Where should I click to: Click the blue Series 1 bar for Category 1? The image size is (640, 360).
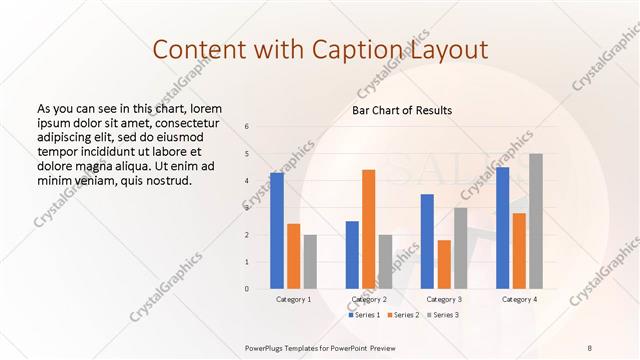pos(277,231)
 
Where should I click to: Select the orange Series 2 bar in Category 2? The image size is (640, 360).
pos(368,229)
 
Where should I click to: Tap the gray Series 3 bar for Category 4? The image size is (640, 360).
pos(536,221)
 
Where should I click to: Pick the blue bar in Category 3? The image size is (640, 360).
pos(427,241)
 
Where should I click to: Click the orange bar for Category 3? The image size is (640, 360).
pos(444,264)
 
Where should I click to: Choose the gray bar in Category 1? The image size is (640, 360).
pos(310,262)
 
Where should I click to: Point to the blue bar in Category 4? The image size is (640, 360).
pos(502,228)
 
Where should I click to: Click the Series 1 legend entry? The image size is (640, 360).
pos(364,315)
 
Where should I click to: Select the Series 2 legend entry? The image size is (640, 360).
pos(402,315)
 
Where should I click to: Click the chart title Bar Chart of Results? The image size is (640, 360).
pos(402,110)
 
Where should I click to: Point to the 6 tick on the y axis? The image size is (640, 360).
pos(247,127)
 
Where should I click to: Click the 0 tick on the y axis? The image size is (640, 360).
pos(247,289)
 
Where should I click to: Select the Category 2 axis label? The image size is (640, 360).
pos(369,299)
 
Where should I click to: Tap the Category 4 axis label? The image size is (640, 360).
pos(519,299)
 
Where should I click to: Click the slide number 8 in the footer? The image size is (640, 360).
pos(590,346)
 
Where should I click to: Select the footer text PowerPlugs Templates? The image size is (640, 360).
pos(290,346)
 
